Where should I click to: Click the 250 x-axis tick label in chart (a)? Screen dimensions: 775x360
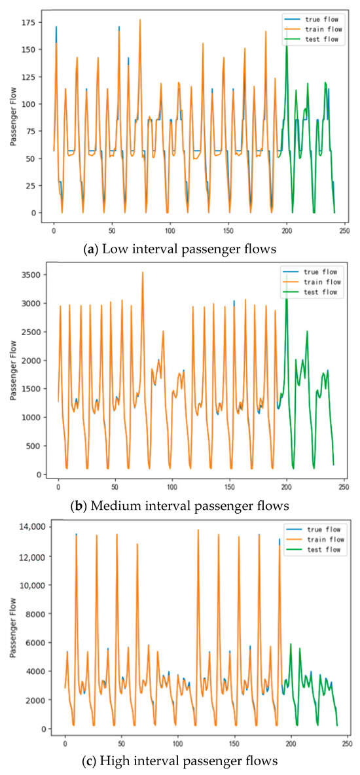coord(344,230)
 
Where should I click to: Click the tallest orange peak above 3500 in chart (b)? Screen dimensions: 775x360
coord(142,272)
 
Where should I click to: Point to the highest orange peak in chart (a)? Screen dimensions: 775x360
coord(140,20)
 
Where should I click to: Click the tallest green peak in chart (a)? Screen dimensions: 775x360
coord(286,44)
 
